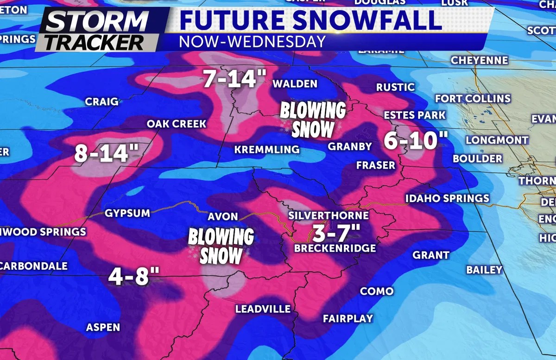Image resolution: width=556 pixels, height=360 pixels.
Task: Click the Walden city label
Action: coord(295,84)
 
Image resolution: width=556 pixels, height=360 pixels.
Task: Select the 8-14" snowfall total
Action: coord(101,154)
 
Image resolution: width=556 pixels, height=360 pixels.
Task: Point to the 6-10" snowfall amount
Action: coord(410,139)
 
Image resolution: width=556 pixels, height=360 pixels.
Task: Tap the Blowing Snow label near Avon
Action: coord(221,246)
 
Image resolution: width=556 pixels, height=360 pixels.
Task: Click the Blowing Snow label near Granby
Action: coord(313,120)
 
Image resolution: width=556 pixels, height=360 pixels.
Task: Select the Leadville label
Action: coord(263,309)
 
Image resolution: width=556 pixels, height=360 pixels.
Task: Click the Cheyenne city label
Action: coord(479,61)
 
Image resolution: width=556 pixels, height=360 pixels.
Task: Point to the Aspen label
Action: coord(103,328)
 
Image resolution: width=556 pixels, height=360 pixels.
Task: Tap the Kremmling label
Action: coord(267,150)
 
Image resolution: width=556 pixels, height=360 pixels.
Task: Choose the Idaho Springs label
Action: coord(447,198)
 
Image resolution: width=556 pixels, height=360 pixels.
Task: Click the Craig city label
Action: coord(102,101)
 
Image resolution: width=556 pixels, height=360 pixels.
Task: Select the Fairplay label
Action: coord(348,318)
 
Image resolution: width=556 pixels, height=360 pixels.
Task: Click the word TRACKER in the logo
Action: coord(96,42)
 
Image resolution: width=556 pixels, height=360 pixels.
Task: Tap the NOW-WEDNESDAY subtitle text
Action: coord(252,41)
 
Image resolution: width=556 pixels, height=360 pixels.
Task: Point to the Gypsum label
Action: coord(127,213)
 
